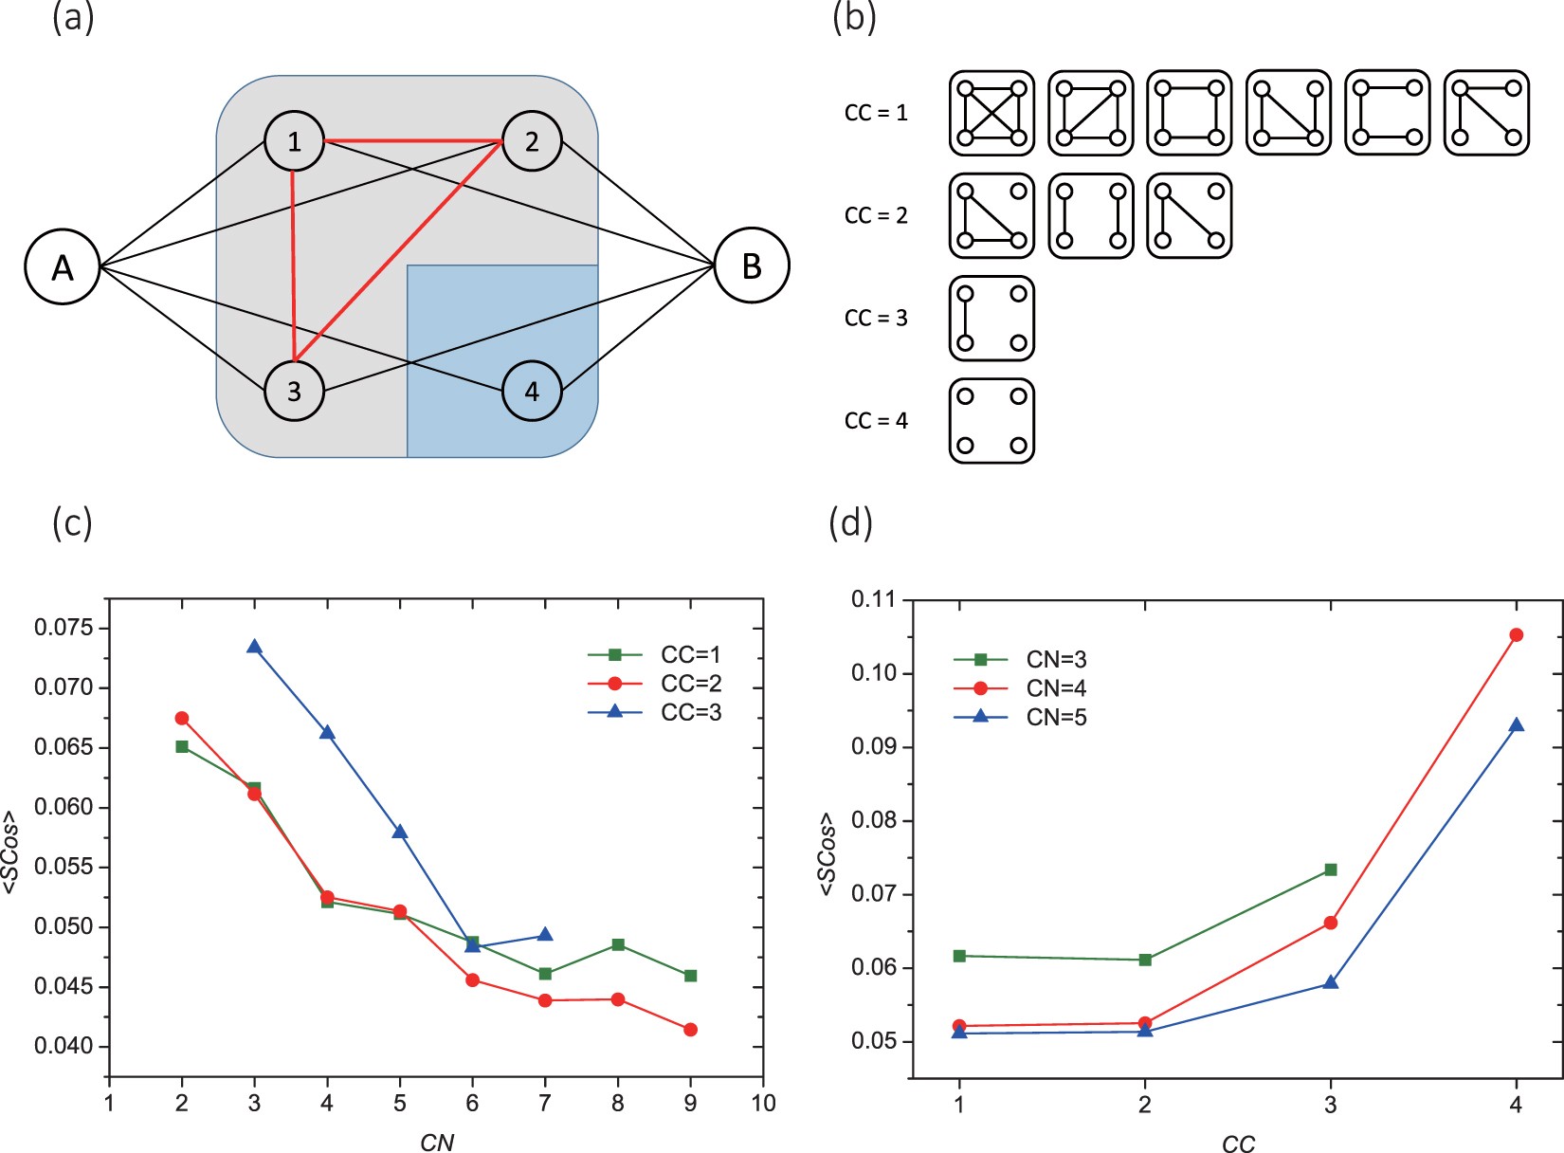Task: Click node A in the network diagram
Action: (63, 266)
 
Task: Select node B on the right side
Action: (752, 265)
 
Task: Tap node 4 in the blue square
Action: (532, 391)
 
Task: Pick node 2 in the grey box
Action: (532, 141)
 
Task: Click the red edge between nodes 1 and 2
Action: (412, 141)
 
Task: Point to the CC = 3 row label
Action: (876, 318)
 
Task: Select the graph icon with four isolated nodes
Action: (991, 421)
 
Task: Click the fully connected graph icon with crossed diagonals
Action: (991, 113)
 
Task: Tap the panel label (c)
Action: (72, 522)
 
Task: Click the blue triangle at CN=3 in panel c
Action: (254, 647)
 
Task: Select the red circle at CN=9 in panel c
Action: (690, 1030)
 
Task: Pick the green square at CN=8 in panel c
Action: (618, 944)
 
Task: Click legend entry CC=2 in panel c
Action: (690, 684)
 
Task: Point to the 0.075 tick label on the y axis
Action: (64, 628)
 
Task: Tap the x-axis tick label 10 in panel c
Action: (763, 1104)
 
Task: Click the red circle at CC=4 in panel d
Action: (1516, 635)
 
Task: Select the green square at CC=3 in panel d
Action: (1331, 869)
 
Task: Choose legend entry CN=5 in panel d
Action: (1056, 718)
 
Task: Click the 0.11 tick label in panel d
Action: (873, 599)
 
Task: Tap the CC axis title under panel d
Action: (1238, 1144)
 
